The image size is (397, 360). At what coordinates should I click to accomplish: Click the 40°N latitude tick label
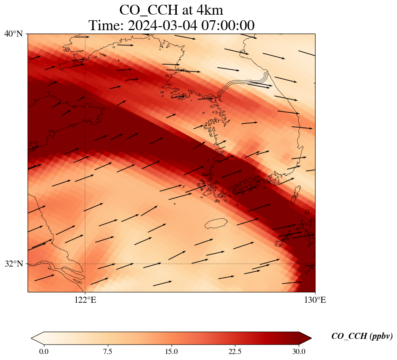point(13,34)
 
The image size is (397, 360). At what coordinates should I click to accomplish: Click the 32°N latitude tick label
point(13,264)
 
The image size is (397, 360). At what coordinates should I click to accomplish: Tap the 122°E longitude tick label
point(85,300)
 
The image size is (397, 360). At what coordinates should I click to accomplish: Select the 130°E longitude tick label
point(315,300)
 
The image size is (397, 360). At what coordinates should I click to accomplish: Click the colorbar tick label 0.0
point(44,351)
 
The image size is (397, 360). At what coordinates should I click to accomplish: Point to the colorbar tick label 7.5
point(107,351)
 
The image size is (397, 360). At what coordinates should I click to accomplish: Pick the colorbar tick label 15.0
point(171,351)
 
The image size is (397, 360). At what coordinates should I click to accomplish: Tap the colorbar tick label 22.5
point(235,351)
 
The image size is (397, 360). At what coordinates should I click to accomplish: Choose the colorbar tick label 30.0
point(299,351)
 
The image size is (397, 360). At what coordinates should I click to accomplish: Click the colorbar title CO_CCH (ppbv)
point(362,336)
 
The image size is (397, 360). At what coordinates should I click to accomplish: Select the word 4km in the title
point(209,9)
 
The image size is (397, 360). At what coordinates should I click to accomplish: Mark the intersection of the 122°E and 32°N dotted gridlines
point(85,264)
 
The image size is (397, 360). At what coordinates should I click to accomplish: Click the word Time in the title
point(103,25)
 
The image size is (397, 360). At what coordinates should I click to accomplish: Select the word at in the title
point(184,9)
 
